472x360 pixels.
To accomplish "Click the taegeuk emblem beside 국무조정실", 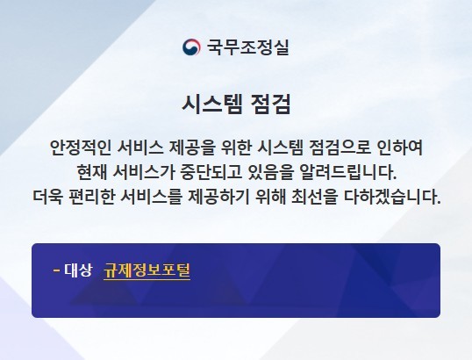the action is point(191,47).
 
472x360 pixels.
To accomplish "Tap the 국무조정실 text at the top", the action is point(247,47).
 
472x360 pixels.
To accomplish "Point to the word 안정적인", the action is point(80,148).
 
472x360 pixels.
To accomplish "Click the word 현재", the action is point(91,172).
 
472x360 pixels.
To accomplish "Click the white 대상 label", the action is point(78,270).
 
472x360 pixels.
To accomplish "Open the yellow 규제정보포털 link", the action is point(147,270).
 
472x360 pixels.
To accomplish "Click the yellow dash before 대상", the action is point(56,270).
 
